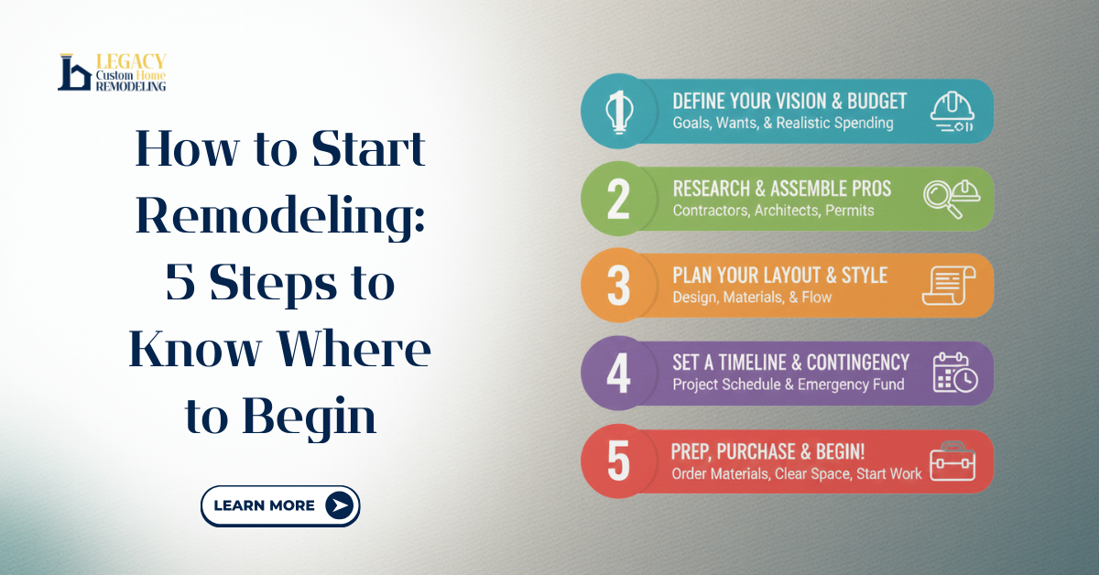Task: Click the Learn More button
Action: pos(279,505)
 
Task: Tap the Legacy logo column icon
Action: pos(73,72)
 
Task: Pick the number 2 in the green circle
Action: pos(618,199)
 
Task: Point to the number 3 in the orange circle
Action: pos(618,286)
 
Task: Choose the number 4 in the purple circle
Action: pos(618,374)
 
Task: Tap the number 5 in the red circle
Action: pos(618,461)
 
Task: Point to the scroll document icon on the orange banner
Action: pos(949,286)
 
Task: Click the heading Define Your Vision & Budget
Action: pos(789,101)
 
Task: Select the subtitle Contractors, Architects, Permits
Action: pos(773,211)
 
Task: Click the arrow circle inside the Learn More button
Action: pos(339,505)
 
